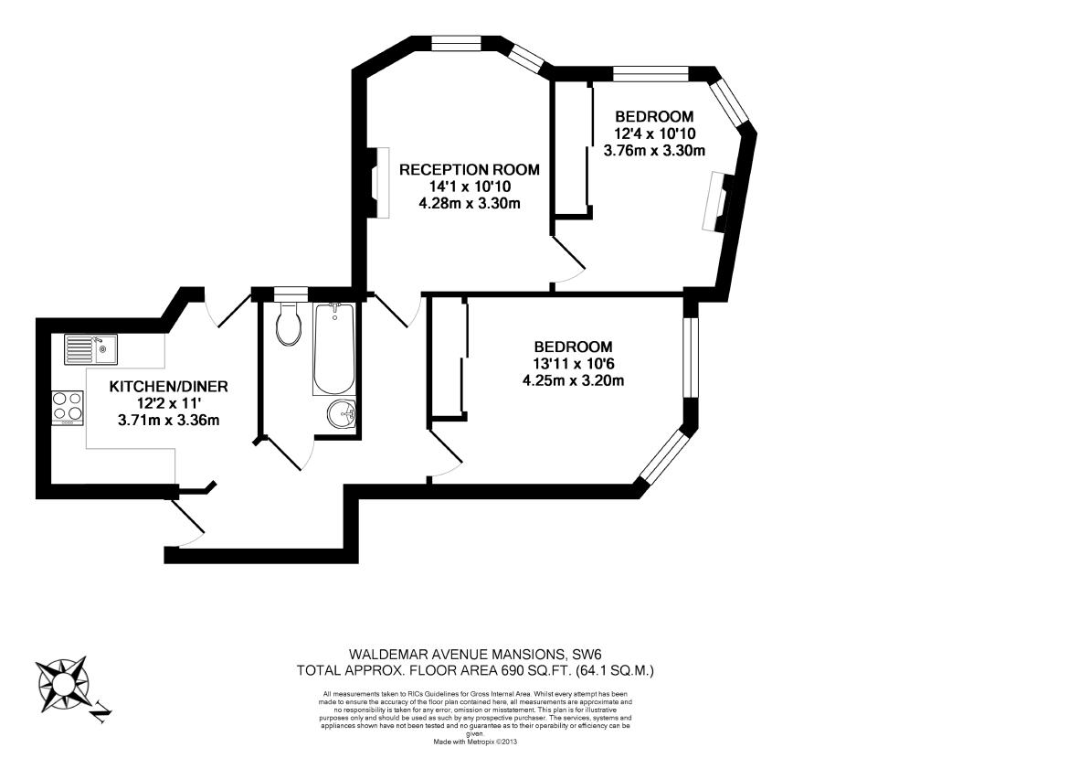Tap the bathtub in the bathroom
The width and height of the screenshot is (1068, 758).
pos(333,349)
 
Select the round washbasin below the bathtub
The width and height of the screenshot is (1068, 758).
pos(342,414)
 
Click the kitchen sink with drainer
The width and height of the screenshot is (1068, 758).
pos(90,349)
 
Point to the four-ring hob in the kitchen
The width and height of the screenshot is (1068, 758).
pos(68,407)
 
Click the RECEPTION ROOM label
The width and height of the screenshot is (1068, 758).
pos(470,170)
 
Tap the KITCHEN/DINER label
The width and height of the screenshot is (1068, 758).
pos(168,387)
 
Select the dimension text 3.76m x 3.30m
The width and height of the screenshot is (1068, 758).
pos(654,151)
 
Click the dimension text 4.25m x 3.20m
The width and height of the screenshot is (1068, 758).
pos(573,380)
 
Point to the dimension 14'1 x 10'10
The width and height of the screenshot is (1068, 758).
pos(470,187)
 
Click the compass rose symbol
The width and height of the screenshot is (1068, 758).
pos(63,683)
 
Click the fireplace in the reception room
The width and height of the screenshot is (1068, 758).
pos(380,183)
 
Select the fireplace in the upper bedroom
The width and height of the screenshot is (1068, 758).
pos(716,202)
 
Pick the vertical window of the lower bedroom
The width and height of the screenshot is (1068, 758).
pos(691,358)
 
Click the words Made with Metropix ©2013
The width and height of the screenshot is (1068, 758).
pos(475,741)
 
